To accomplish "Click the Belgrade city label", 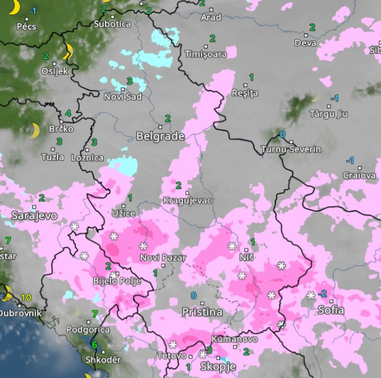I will coord(160,136).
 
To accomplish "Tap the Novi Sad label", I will coord(123,96).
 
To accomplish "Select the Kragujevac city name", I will coord(188,200).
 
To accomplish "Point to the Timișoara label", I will coord(205,54).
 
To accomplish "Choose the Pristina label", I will coord(202,312).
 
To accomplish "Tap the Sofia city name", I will coord(331,310).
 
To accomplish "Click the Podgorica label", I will coord(88,330).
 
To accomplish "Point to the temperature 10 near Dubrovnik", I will coord(26,297).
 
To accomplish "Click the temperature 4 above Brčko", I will coord(68,113).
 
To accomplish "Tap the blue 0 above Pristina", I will coord(194,295).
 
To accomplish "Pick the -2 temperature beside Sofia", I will coord(322,294).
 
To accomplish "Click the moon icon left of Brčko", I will coord(34,131).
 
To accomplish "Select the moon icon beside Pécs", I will coord(14,7).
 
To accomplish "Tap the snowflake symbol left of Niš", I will coord(232,246).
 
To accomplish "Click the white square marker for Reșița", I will coord(245,85).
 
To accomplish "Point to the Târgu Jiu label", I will coord(329,114).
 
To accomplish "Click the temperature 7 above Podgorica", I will coord(95,314).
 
